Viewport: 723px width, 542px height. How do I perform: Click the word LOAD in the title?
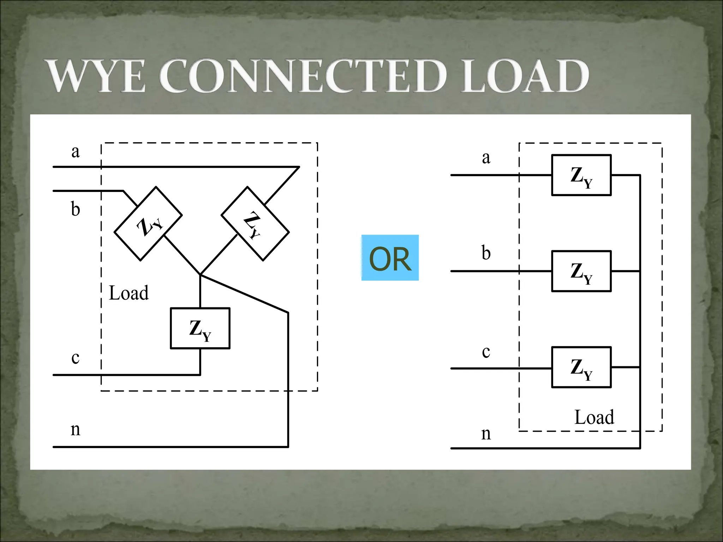[x=525, y=76]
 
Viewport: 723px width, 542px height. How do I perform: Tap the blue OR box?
[x=390, y=258]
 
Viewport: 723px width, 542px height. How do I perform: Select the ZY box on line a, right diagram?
[x=581, y=175]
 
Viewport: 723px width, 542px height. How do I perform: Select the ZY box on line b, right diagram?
[x=581, y=271]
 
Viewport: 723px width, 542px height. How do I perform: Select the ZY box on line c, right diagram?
[x=581, y=367]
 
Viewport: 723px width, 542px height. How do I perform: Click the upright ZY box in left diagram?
[x=200, y=328]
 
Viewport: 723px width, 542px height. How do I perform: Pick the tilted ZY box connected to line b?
[x=148, y=224]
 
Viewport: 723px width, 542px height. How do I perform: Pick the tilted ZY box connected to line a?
[x=255, y=224]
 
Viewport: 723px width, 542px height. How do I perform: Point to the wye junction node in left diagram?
[x=200, y=275]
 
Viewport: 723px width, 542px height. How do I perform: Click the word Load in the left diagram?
[x=129, y=293]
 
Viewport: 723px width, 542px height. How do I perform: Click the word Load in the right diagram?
[x=594, y=417]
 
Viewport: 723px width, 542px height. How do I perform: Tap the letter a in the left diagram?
[x=75, y=152]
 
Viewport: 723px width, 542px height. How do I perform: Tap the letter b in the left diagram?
[x=75, y=209]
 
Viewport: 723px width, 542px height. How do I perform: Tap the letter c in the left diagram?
[x=75, y=358]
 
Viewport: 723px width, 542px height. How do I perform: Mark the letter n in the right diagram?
[x=486, y=434]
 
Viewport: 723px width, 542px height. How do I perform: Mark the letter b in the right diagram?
[x=486, y=253]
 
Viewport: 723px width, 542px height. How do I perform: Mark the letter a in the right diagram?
[x=486, y=158]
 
